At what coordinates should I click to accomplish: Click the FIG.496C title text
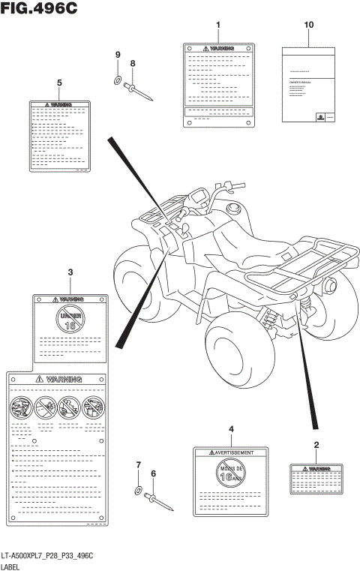tap(34, 8)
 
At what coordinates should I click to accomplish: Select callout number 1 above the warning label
tap(217, 26)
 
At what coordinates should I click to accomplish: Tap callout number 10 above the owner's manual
tap(307, 26)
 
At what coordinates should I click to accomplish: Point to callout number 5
tap(59, 82)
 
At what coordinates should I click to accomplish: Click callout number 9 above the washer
tap(118, 55)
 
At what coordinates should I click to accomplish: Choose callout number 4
tap(231, 428)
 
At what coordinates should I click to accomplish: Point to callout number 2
tap(316, 446)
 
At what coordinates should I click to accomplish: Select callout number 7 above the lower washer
tap(138, 466)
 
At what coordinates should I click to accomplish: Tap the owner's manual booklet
tap(307, 83)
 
